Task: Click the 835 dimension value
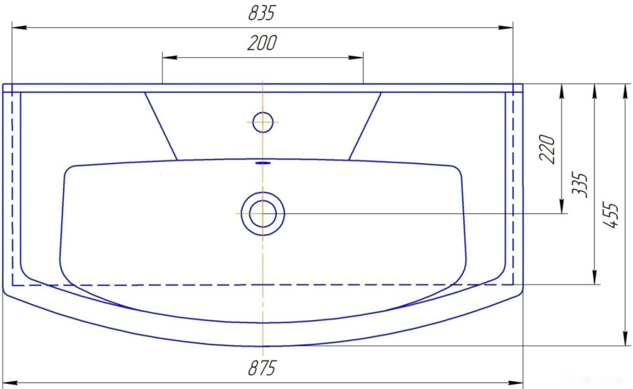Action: [262, 13]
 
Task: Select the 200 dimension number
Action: [262, 43]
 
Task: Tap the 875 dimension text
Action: [262, 367]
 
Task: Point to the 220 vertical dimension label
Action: [548, 149]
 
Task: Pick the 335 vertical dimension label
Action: [581, 184]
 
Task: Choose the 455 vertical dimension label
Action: [611, 215]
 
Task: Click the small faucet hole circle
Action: [263, 122]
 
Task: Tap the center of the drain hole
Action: [263, 214]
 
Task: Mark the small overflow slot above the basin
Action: [263, 163]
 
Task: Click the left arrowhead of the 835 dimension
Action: [20, 27]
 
